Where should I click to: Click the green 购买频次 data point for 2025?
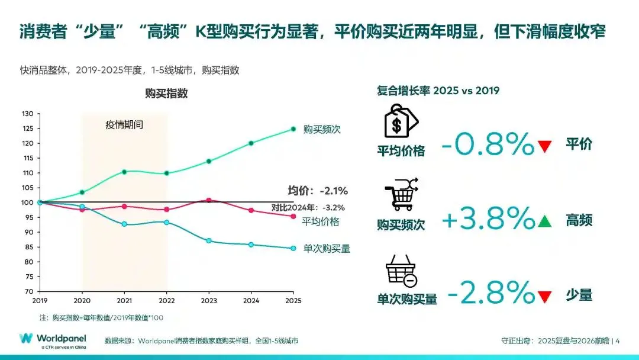click(x=293, y=129)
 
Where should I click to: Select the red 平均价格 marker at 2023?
click(x=209, y=201)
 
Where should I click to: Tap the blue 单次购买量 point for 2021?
click(x=124, y=224)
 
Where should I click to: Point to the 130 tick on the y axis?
click(x=27, y=114)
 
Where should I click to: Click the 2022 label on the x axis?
click(x=167, y=300)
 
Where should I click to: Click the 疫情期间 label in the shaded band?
click(x=124, y=125)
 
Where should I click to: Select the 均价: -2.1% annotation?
click(x=318, y=191)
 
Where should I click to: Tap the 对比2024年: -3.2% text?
click(x=308, y=207)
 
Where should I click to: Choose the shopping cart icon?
click(x=402, y=194)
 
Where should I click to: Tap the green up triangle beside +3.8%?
click(x=545, y=221)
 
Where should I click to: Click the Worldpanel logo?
click(x=53, y=340)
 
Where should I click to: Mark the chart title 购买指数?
click(x=166, y=94)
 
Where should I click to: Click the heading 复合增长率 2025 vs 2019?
click(x=438, y=91)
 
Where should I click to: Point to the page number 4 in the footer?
click(x=618, y=340)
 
